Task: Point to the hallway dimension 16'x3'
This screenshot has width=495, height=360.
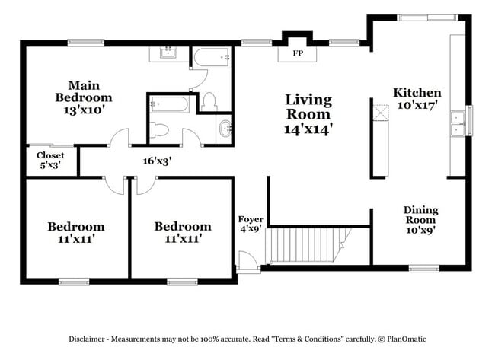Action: (156, 161)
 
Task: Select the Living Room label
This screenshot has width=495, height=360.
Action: (308, 114)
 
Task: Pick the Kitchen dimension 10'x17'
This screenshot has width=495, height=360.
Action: (417, 106)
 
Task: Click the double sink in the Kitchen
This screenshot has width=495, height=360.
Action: (458, 123)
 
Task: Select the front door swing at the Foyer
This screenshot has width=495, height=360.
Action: (247, 260)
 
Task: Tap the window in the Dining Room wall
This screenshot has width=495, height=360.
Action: (420, 267)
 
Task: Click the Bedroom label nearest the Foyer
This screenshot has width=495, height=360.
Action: (183, 232)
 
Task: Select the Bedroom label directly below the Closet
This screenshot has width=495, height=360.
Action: (75, 232)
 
